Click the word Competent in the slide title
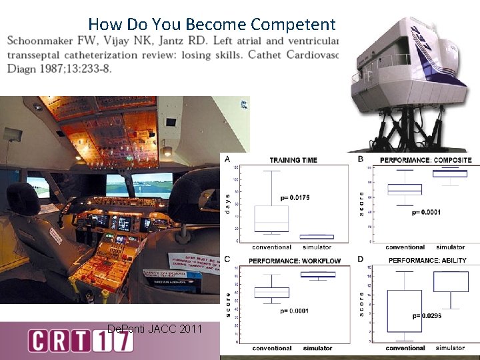pos(293,25)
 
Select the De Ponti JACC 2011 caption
pos(154,328)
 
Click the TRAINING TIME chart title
pos(293,160)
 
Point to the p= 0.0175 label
pos(294,197)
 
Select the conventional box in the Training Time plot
pos(271,219)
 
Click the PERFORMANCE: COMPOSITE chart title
pos(425,160)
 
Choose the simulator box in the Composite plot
pos(450,173)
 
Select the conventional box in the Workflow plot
pos(271,292)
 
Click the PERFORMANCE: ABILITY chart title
pos(427,260)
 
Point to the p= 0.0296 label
pos(427,315)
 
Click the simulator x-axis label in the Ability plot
pos(450,347)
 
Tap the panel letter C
pos(227,259)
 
